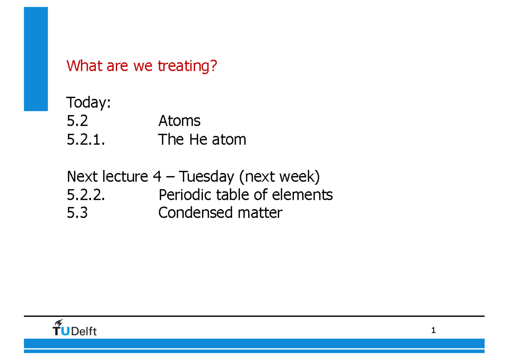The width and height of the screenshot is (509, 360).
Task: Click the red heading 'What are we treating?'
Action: (142, 66)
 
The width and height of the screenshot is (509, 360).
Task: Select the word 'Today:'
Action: (89, 103)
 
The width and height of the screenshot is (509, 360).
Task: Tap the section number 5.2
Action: (77, 121)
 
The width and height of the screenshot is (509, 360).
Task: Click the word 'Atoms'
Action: (179, 121)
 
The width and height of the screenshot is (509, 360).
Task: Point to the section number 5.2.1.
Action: (86, 139)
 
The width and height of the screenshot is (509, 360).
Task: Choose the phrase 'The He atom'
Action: (202, 139)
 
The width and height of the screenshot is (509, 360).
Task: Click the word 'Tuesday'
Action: (207, 176)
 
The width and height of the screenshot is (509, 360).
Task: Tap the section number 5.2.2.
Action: (86, 194)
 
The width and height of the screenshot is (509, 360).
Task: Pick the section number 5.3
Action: (77, 213)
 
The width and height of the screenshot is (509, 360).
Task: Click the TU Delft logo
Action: (75, 328)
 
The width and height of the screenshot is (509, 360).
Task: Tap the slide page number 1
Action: (433, 330)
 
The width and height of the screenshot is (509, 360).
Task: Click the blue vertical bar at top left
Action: (36, 59)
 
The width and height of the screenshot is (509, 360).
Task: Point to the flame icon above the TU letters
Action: (59, 322)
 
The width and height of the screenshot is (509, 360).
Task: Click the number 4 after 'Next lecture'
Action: (157, 176)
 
